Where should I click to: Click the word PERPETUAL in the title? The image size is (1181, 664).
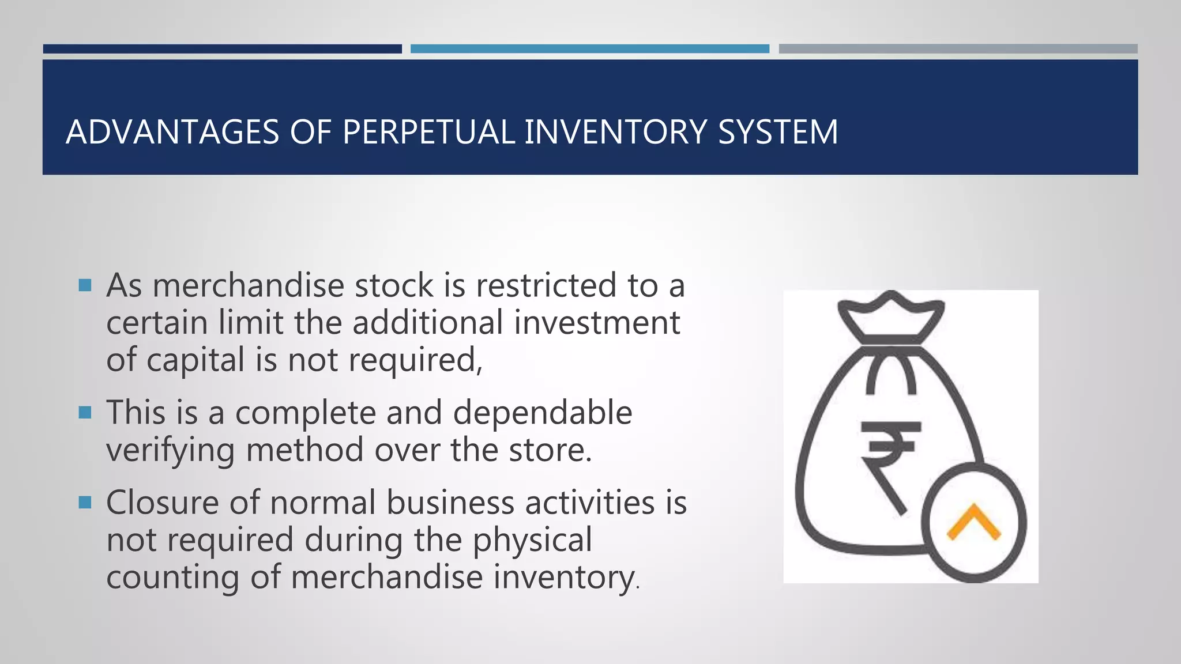click(x=428, y=132)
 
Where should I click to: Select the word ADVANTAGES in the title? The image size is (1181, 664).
click(x=172, y=132)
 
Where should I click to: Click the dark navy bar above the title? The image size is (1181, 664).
click(x=222, y=49)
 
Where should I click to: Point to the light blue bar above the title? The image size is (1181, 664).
click(x=589, y=49)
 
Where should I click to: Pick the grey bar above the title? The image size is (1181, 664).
click(x=958, y=49)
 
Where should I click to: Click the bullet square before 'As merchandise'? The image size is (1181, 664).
click(x=85, y=285)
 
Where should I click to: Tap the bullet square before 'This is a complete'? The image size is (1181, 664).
click(x=85, y=413)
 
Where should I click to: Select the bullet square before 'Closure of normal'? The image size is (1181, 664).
click(x=85, y=503)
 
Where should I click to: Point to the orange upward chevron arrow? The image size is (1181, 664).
click(x=974, y=522)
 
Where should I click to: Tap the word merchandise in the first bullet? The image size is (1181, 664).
click(x=248, y=285)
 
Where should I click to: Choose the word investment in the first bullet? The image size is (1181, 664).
click(x=597, y=322)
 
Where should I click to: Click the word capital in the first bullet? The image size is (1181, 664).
click(x=195, y=360)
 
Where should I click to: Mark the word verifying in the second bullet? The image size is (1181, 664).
click(x=170, y=450)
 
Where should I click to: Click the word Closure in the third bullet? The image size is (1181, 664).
click(x=163, y=503)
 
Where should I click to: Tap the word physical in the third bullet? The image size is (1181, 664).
click(x=532, y=540)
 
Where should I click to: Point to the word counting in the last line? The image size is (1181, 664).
click(x=172, y=577)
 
